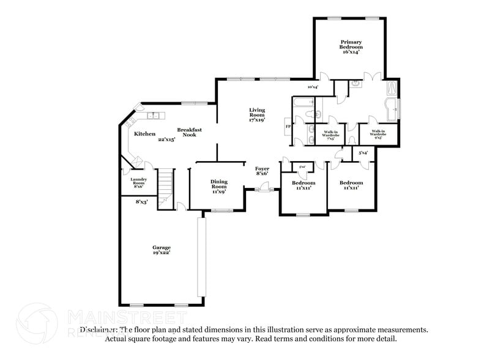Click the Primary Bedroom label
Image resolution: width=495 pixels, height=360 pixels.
click(x=351, y=47)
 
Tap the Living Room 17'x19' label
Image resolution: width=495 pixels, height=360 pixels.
click(x=256, y=115)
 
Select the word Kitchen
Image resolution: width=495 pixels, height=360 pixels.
click(x=144, y=133)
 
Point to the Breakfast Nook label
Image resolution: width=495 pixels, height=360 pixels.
click(x=189, y=133)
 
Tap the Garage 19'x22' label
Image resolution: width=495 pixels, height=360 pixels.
click(x=162, y=250)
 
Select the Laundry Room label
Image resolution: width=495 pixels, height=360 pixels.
click(x=138, y=182)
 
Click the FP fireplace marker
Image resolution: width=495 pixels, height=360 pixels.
click(x=288, y=127)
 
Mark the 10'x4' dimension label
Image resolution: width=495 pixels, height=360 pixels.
click(x=312, y=88)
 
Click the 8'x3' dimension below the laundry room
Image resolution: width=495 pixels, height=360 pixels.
click(x=141, y=201)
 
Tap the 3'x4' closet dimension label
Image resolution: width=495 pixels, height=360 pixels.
click(x=362, y=152)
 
